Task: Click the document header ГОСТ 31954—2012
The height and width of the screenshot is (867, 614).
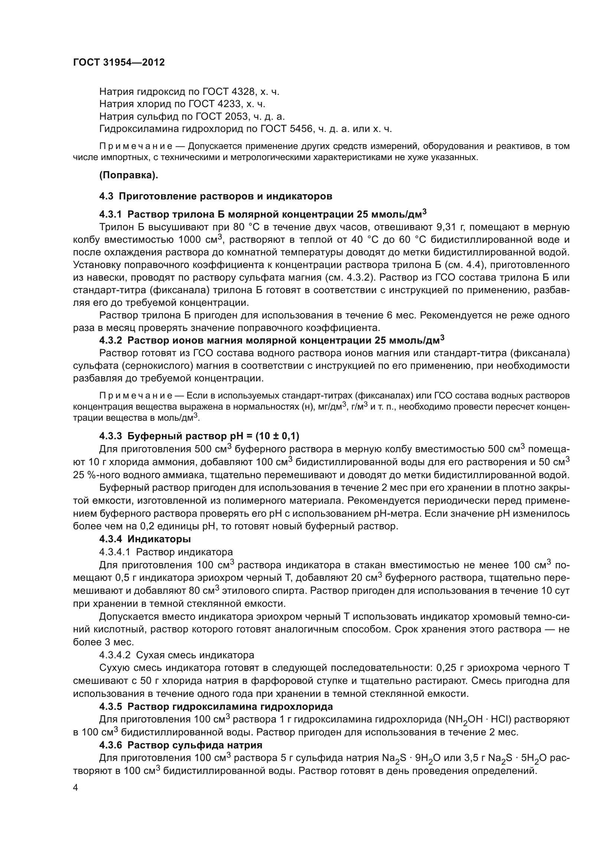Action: coord(119,62)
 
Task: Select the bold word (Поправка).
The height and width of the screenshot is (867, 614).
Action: coord(128,175)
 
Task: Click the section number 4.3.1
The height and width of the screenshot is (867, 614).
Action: coord(110,215)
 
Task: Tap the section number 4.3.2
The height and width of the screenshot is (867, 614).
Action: coord(110,341)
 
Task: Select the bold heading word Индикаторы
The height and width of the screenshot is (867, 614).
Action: coord(159,539)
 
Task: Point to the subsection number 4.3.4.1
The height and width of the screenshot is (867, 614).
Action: coord(115,552)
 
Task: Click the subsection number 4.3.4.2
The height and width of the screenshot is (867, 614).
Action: coord(115,655)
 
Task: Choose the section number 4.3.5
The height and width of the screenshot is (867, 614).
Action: coord(110,706)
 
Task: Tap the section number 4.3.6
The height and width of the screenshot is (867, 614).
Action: coord(110,745)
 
